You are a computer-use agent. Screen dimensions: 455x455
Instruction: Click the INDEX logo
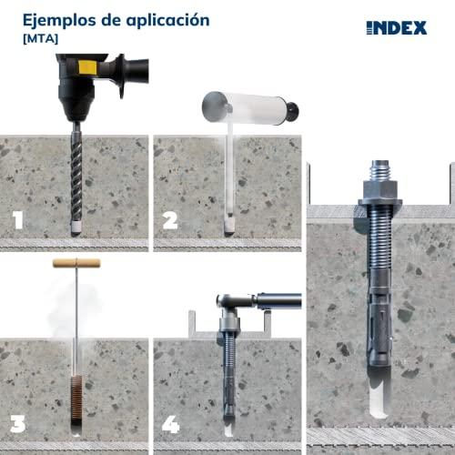[x=397, y=28]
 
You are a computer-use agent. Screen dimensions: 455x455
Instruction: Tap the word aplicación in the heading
[x=167, y=21]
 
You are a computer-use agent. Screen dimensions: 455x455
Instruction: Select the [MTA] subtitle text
[x=40, y=39]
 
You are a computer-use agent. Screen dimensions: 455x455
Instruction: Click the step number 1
[x=18, y=220]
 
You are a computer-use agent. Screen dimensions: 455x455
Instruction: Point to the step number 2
[x=170, y=220]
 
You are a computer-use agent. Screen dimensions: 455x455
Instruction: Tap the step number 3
[x=18, y=423]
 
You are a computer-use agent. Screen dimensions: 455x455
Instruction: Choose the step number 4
[x=170, y=424]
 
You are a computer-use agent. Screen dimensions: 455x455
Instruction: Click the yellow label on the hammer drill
[x=87, y=67]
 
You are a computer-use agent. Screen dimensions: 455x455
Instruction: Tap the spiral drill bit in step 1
[x=76, y=179]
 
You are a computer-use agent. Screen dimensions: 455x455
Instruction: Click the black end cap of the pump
[x=293, y=111]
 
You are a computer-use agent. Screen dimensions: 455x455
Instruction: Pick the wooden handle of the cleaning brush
[x=76, y=263]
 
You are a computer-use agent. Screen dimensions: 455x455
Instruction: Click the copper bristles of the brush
[x=76, y=398]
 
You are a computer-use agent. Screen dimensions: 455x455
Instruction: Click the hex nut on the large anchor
[x=380, y=189]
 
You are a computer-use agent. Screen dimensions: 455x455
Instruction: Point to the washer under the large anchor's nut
[x=380, y=202]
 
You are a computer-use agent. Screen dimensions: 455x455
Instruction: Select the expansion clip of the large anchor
[x=379, y=328]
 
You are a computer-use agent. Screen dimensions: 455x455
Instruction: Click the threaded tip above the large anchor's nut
[x=380, y=170]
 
